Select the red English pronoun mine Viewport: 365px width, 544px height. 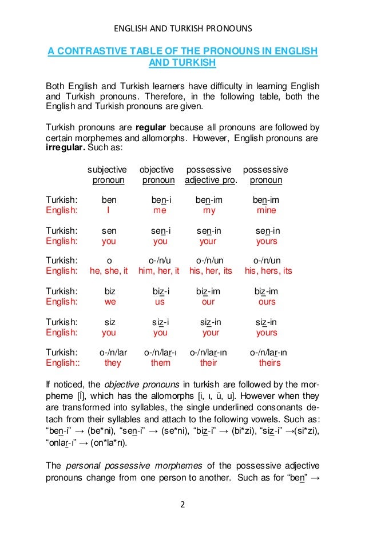[x=266, y=210]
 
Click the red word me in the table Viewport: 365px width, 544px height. [x=160, y=210]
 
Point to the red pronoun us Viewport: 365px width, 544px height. [x=160, y=301]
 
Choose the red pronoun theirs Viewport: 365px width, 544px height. [x=270, y=362]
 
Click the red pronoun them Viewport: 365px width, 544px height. [x=161, y=362]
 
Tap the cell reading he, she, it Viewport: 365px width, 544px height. [x=109, y=271]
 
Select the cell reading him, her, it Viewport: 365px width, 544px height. [x=159, y=271]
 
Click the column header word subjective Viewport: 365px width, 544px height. [x=107, y=170]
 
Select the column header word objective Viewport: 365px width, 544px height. [x=156, y=170]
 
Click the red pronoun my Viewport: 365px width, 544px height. [x=209, y=210]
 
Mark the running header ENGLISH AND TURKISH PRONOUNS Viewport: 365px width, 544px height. [x=182, y=28]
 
